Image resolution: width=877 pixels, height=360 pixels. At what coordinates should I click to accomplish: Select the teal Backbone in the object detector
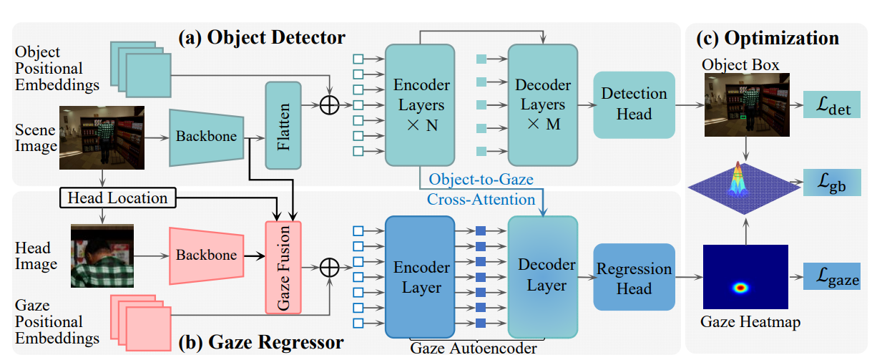207,137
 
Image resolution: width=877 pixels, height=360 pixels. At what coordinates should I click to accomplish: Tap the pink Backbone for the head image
207,256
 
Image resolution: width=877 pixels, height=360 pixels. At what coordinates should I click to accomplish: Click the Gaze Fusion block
283,267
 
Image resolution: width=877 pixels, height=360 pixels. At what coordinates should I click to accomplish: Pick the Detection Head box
635,104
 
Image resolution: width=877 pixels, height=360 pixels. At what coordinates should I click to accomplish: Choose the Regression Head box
635,279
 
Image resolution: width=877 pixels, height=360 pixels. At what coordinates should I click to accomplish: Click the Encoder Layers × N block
421,104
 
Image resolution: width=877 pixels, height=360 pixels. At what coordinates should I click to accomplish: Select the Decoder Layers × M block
543,104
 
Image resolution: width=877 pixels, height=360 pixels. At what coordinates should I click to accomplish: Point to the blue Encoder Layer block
421,277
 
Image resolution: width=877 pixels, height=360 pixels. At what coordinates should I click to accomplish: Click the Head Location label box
117,198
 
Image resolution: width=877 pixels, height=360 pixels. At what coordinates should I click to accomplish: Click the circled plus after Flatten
329,104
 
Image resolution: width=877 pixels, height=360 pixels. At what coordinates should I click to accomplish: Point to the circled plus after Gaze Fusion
329,267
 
